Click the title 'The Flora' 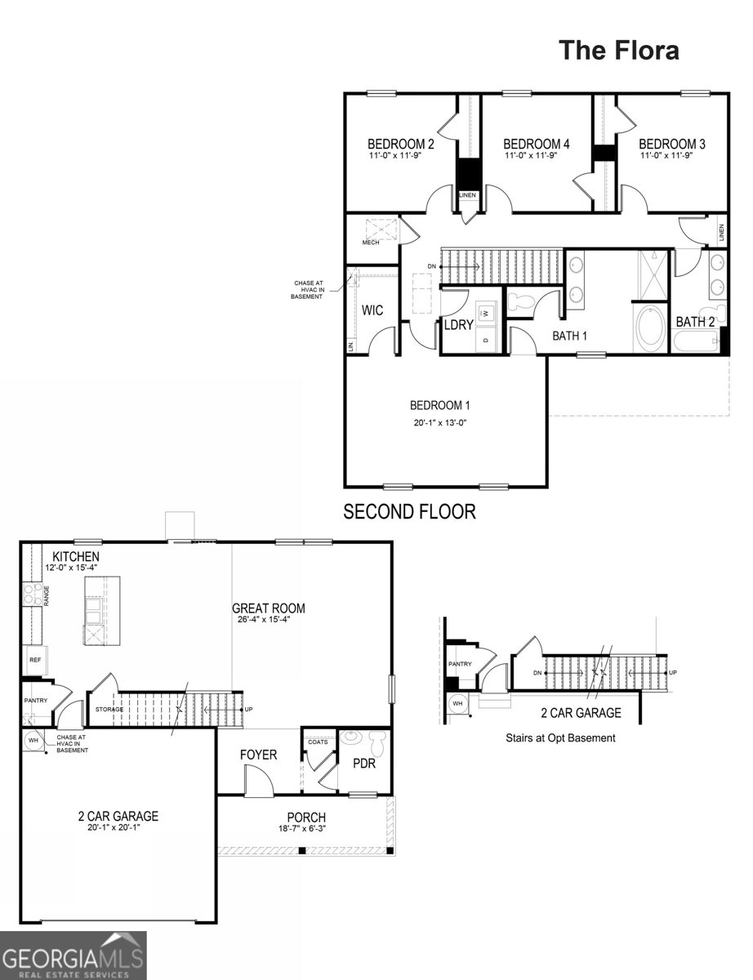pos(618,50)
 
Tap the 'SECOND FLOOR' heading pos(409,512)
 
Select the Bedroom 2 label pos(400,144)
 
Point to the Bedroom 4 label pos(536,144)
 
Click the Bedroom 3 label pos(671,144)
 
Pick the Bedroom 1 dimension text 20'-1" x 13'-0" pos(439,423)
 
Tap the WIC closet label pos(372,310)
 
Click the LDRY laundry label pos(459,325)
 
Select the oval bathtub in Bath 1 pos(651,327)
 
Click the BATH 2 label pos(695,322)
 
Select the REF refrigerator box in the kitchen pos(35,659)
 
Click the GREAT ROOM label pos(269,608)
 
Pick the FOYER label pos(258,755)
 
